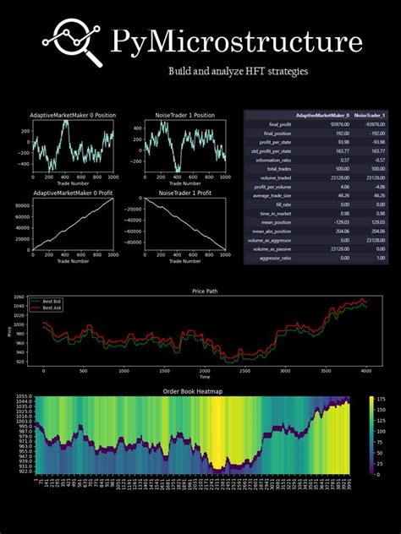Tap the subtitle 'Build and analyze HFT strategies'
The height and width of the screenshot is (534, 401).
tap(239, 72)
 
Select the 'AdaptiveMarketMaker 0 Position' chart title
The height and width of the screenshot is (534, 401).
tap(73, 114)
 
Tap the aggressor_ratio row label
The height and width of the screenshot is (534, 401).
tap(268, 259)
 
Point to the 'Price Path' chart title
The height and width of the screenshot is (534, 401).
tap(200, 292)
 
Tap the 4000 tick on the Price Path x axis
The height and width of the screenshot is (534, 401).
tap(363, 371)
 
